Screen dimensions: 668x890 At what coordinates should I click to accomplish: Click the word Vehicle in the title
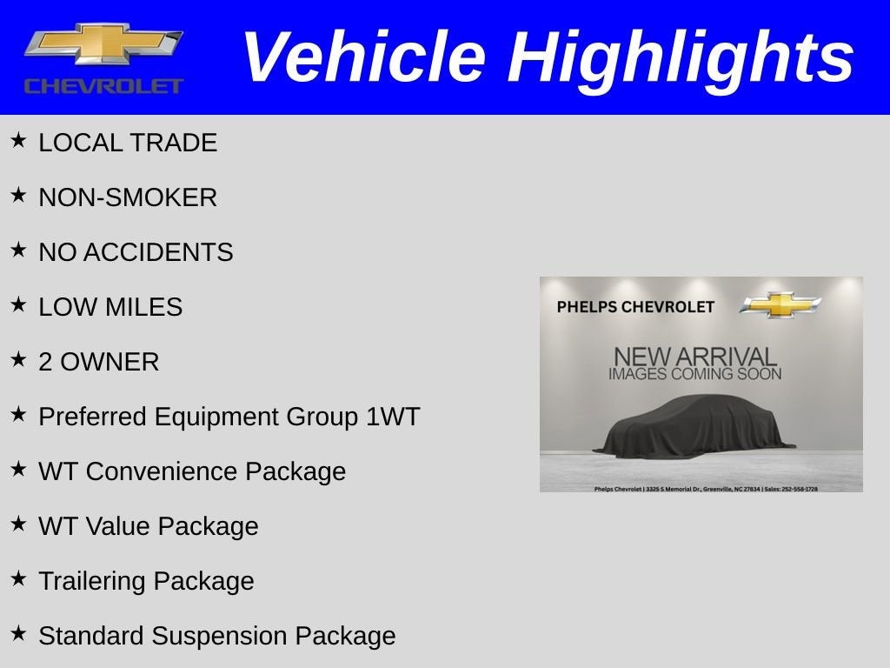pos(362,57)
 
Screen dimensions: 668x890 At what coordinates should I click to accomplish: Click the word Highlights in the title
pos(681,58)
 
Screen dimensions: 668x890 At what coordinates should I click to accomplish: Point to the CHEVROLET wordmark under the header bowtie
pos(103,86)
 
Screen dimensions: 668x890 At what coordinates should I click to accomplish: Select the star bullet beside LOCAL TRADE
pos(18,140)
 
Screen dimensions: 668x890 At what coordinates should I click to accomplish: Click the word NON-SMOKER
pos(128,197)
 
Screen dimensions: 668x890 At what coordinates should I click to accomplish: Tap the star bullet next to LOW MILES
pos(18,304)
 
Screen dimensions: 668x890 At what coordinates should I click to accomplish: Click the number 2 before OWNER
pos(45,362)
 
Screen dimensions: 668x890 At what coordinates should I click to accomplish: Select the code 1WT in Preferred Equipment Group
pos(392,417)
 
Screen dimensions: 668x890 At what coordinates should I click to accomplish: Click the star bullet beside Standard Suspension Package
pos(18,633)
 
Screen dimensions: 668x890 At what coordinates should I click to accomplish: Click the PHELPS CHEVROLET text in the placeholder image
pos(635,307)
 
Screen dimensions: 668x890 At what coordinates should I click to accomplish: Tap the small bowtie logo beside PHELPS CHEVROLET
pos(780,305)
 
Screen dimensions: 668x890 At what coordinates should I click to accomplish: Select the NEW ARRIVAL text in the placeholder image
pos(694,357)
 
